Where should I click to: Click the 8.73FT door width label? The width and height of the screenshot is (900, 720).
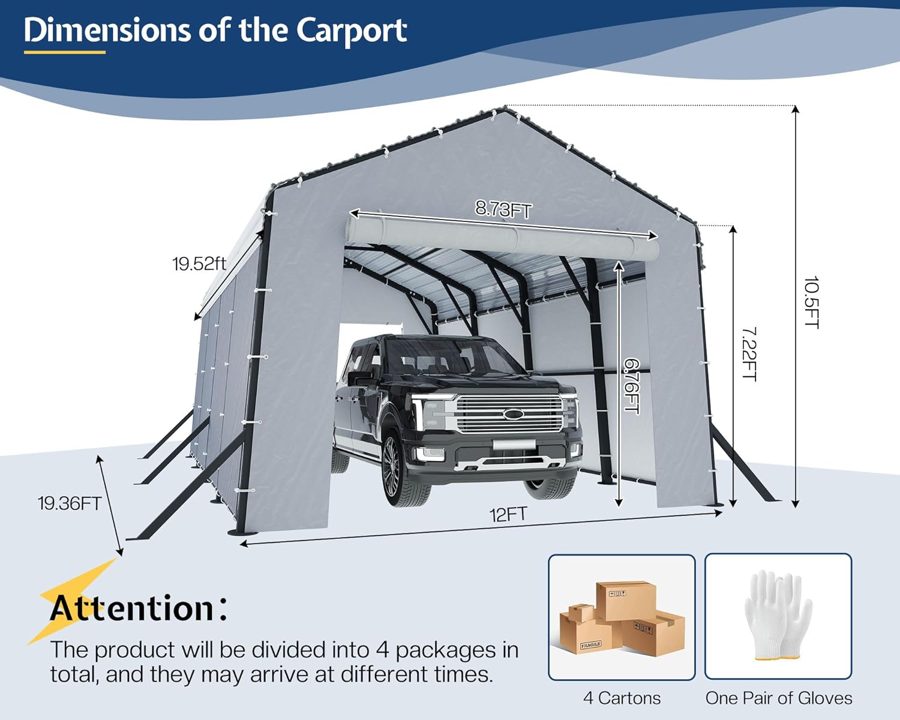503,209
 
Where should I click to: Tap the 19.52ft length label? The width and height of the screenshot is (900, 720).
199,264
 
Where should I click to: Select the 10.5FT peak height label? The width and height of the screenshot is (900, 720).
812,302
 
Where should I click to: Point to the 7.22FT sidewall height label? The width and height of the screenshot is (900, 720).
749,353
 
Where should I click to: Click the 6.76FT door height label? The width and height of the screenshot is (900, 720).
632,386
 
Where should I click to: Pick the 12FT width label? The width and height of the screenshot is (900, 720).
508,515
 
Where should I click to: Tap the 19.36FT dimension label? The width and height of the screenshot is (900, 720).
70,503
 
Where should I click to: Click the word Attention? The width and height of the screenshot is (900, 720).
132,608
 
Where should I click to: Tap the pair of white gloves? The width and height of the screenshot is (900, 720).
778,615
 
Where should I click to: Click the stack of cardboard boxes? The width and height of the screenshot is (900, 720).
622,618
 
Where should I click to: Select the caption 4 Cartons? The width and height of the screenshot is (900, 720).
622,698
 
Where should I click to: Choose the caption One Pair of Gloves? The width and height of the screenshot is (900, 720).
778,698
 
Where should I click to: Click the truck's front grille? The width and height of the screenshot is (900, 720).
509,414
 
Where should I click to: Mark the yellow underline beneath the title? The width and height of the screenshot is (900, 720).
65,52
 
